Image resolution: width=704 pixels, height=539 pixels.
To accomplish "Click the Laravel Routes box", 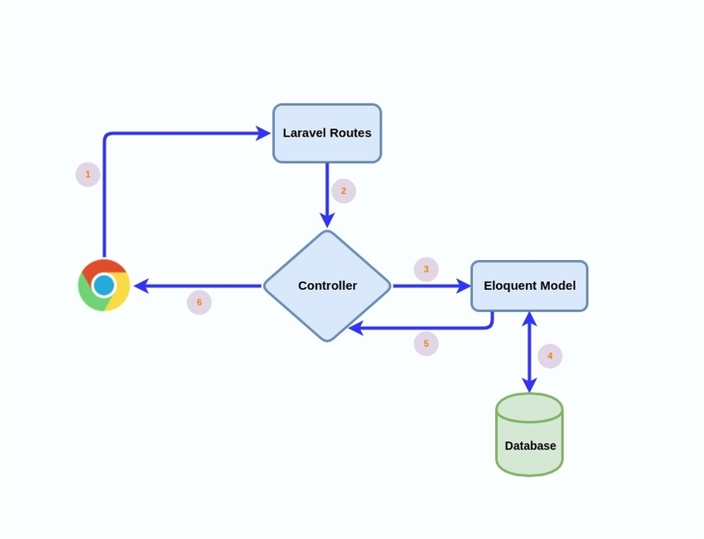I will click(327, 133).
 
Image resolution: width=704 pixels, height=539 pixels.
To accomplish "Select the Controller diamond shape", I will click(327, 286).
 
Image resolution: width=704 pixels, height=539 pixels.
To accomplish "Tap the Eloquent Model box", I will click(529, 286).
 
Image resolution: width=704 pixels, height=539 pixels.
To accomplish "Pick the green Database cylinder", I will click(529, 435).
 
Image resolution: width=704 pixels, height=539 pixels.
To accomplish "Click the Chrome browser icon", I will click(104, 286).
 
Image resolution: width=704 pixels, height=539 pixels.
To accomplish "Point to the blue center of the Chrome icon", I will click(104, 286).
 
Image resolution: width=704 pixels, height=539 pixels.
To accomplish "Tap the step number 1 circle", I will click(88, 175).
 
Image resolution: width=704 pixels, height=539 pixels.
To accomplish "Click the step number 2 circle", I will click(344, 191).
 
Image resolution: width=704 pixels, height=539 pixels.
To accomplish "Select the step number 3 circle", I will click(426, 269).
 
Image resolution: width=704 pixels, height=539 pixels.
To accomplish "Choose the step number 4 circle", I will click(550, 357).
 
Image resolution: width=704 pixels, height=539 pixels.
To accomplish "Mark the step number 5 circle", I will click(426, 343).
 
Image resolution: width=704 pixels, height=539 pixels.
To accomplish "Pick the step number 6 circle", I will click(199, 302).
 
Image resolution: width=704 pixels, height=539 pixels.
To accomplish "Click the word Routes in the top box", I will click(350, 133).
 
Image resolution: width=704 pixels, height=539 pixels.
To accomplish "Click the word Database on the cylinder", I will click(530, 445).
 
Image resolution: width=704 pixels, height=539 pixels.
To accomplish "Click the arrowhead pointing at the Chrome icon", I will click(141, 286).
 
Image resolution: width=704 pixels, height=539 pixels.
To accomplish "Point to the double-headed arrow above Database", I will click(529, 352).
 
